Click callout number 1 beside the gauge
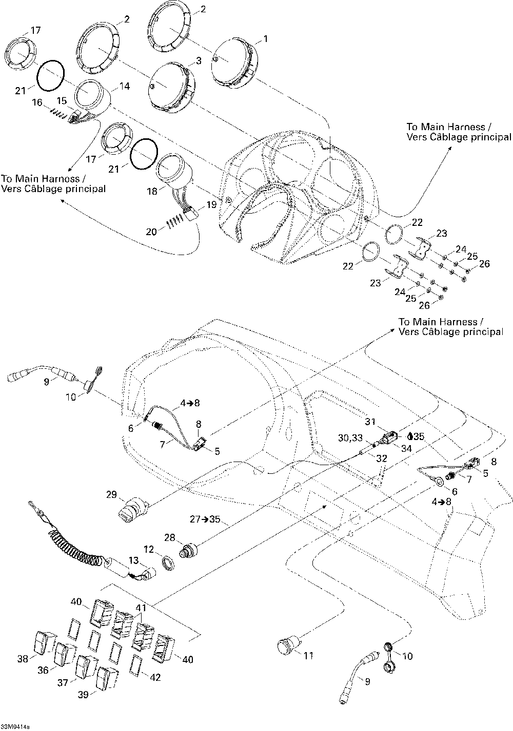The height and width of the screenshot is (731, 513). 265,38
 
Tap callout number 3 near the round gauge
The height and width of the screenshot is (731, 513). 199,60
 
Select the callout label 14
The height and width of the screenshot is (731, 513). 125,86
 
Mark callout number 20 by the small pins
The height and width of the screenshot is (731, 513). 151,232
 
